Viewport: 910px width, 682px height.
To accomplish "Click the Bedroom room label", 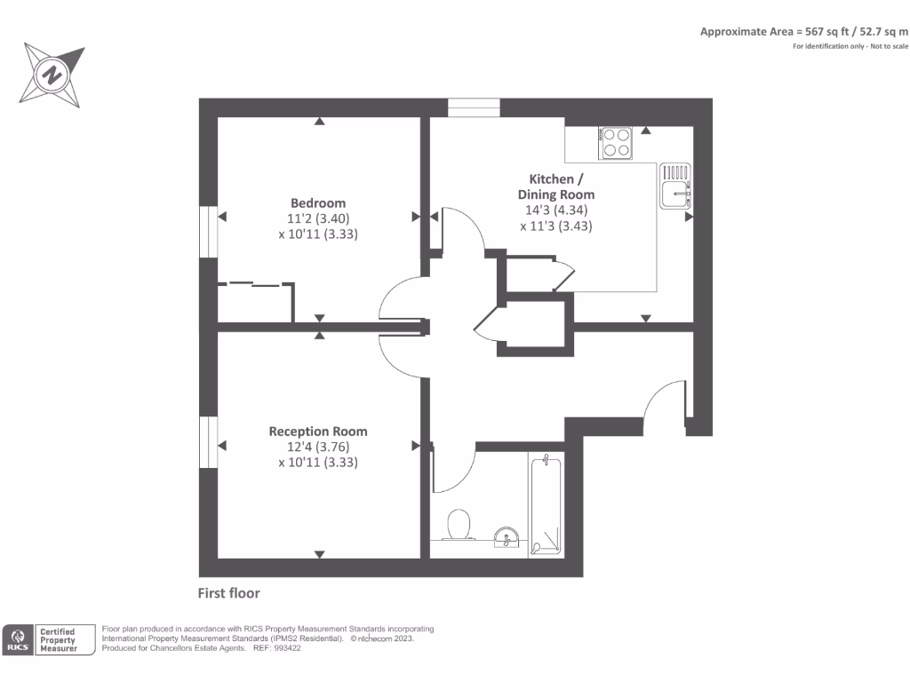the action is [318, 203].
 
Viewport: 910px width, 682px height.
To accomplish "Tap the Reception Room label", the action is [318, 432].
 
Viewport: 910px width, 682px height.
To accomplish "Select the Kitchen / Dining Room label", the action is [556, 186].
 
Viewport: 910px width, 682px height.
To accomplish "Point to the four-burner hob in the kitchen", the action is [615, 143].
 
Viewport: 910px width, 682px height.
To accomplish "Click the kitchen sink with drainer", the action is [675, 186].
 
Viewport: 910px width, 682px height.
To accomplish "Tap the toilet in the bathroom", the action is [459, 525].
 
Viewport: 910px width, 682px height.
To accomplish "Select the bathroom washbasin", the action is [507, 537].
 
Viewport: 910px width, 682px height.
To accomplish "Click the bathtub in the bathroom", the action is [547, 504].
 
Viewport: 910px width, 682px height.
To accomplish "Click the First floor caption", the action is [228, 593].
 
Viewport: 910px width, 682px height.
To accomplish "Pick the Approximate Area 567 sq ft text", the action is [803, 31].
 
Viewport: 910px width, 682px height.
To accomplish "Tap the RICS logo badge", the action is [18, 639].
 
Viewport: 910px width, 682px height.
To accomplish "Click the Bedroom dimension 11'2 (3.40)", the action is [318, 218].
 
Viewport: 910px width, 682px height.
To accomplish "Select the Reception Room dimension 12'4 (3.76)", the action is [318, 447].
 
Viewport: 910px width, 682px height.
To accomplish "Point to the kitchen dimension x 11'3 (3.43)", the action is [556, 226].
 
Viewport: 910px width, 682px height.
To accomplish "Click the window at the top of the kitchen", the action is [474, 107].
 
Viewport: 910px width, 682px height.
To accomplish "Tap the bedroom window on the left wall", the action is [208, 232].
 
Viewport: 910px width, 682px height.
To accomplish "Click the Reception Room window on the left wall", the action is [208, 442].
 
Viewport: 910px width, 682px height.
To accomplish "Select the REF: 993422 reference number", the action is [277, 648].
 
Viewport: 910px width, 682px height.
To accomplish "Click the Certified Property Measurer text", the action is [58, 640].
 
